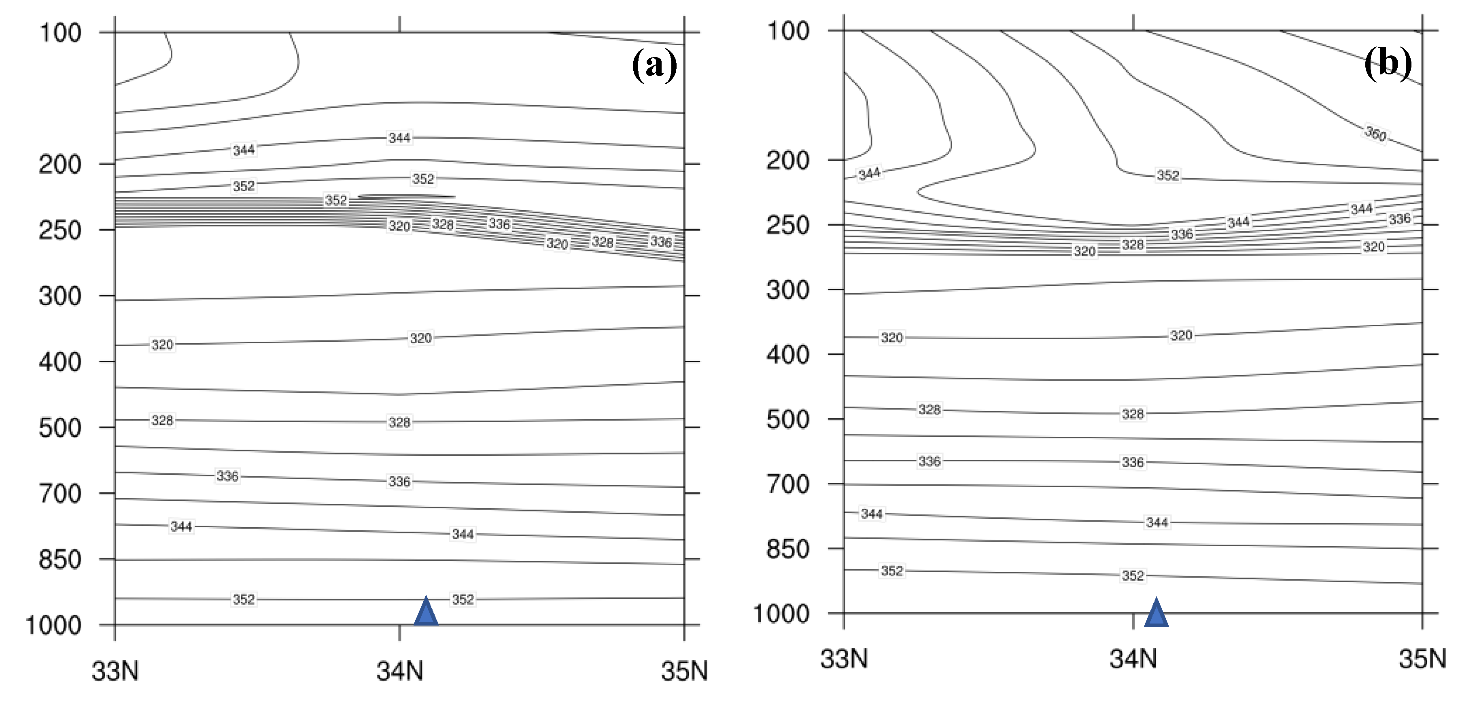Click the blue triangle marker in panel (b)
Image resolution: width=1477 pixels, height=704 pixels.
[1156, 613]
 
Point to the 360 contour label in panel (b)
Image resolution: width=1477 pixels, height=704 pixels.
[1375, 133]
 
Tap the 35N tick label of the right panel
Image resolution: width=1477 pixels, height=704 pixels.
[1422, 659]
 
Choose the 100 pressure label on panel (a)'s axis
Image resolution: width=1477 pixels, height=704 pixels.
[60, 33]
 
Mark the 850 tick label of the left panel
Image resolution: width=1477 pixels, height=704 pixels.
[60, 560]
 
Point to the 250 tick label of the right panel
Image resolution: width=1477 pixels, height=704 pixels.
[788, 225]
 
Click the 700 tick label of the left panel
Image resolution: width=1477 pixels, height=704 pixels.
[60, 494]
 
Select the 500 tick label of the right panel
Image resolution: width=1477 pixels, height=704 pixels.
[788, 419]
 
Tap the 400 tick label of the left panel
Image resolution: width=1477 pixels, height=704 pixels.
[60, 362]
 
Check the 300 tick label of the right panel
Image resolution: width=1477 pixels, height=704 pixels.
[788, 290]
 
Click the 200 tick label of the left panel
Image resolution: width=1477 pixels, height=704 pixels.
[60, 165]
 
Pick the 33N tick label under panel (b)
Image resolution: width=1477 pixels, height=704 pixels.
[844, 659]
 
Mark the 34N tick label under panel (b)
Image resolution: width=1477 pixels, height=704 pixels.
[1133, 659]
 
